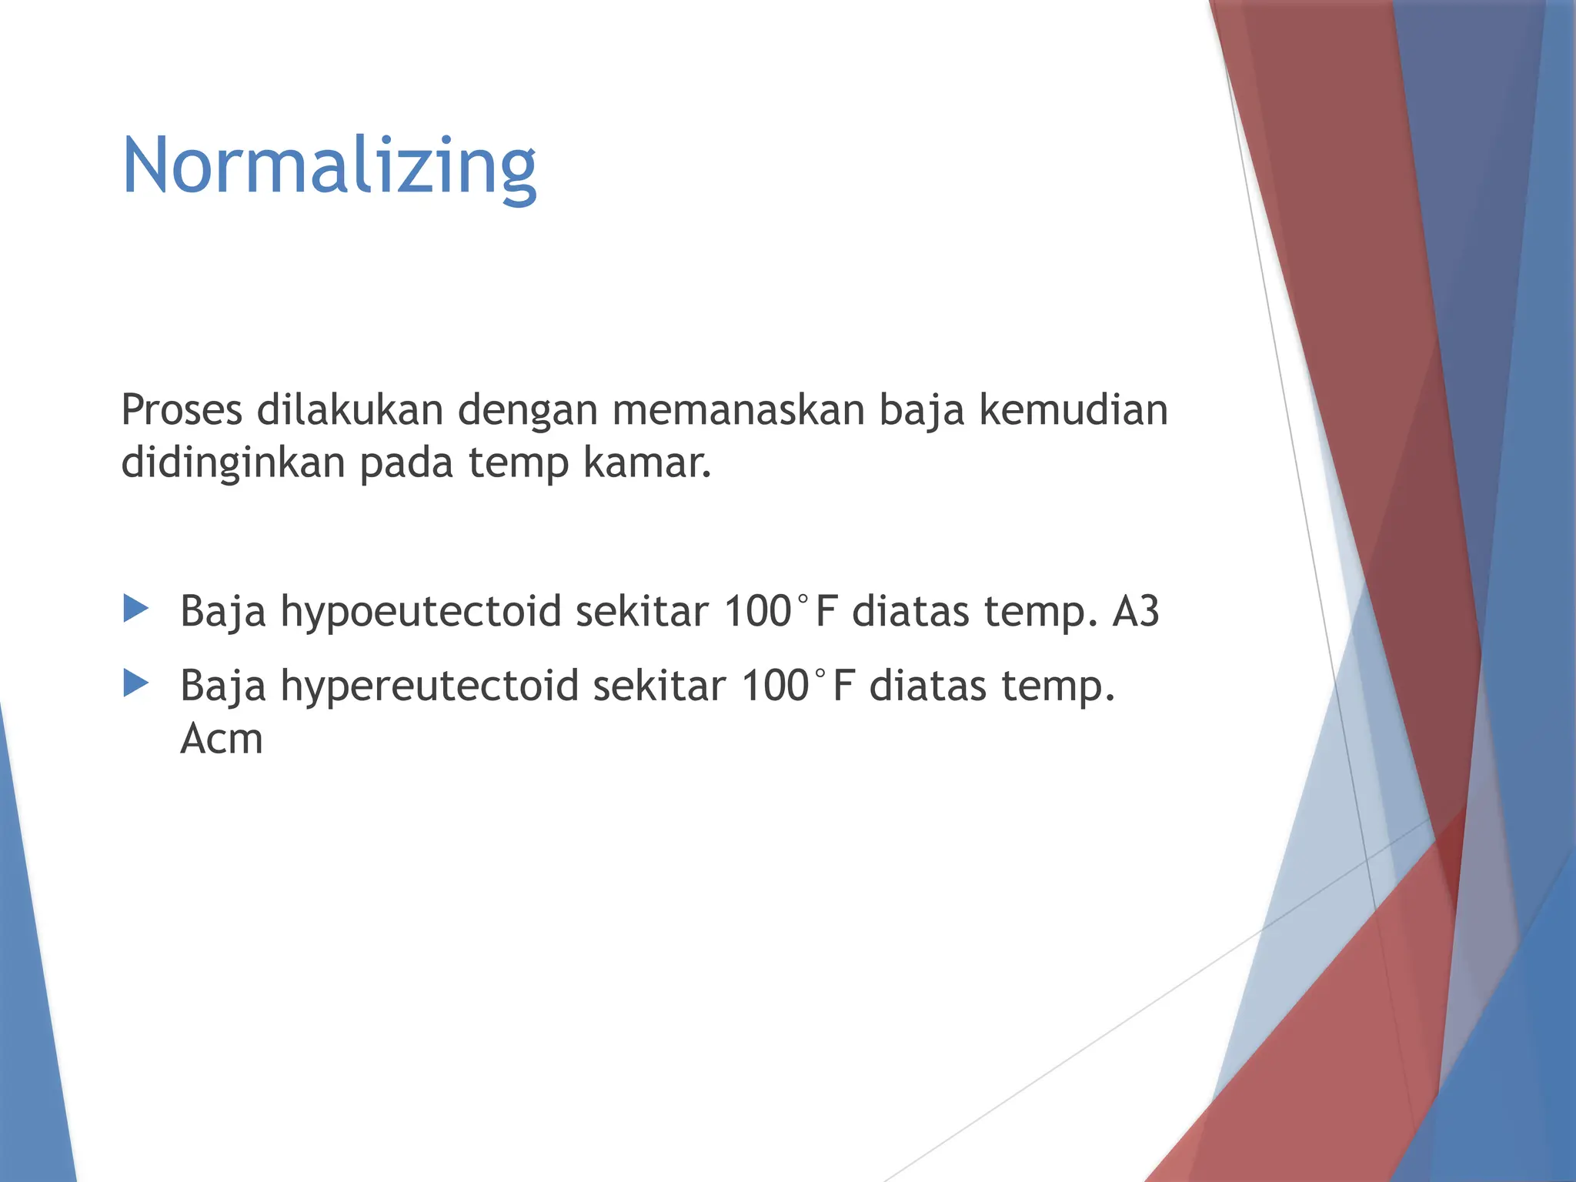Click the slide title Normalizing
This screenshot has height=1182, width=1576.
(329, 166)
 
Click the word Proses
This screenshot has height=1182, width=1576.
(182, 410)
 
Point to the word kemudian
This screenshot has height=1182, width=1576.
(1073, 410)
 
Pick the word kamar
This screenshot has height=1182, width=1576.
(646, 463)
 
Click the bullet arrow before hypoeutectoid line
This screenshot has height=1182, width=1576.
(135, 609)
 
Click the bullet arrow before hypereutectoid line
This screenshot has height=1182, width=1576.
(135, 683)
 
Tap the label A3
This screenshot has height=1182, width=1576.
(1136, 612)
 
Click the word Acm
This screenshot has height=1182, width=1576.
(222, 740)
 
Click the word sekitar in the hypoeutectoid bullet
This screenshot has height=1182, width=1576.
(641, 612)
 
